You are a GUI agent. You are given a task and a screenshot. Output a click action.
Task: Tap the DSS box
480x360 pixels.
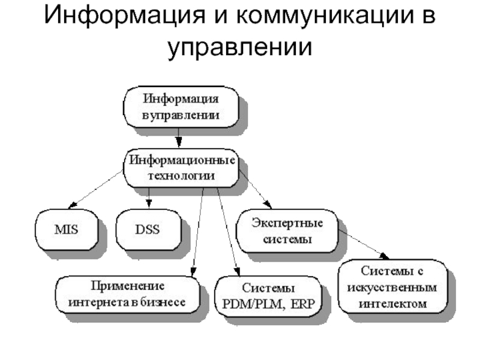[148, 229]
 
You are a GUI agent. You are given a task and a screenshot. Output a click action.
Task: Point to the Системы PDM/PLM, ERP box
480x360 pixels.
[268, 296]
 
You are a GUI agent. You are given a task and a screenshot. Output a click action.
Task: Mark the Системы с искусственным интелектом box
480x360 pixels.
[393, 286]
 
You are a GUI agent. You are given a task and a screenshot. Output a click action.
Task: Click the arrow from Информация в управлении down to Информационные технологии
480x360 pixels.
[178, 138]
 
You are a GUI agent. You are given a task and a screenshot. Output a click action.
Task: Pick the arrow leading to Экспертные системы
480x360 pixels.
[255, 189]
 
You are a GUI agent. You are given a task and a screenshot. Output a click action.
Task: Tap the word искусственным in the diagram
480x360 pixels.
[394, 286]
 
